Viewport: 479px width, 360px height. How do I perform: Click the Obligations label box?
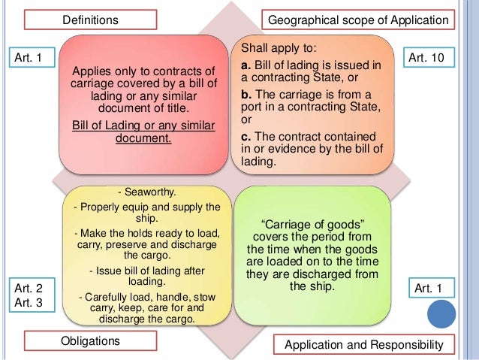[x=90, y=341]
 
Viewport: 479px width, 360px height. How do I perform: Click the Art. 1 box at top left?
[x=29, y=57]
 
